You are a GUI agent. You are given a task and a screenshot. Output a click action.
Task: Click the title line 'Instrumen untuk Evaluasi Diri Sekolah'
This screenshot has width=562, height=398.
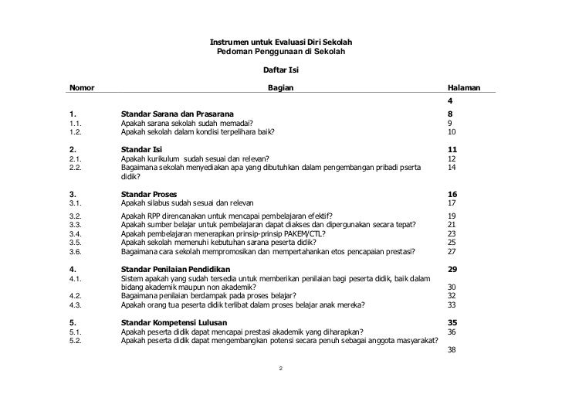pos(281,41)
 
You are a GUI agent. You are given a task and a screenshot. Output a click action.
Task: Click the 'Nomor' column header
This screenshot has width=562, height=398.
pos(83,89)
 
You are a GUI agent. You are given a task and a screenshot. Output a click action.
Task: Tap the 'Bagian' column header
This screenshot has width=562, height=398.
pos(280,89)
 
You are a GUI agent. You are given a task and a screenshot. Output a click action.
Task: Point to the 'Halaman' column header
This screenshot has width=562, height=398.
pos(464,89)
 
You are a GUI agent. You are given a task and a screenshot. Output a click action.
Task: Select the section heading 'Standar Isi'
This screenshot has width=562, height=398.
pos(146,150)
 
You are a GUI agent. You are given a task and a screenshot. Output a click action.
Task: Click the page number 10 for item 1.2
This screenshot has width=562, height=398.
pos(452,132)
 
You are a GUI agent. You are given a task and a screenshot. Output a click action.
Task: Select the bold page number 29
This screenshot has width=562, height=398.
pos(452,268)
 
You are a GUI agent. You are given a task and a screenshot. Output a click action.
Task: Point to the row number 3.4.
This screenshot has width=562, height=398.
pos(76,233)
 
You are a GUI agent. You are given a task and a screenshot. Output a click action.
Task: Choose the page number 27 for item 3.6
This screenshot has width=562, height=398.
pos(452,250)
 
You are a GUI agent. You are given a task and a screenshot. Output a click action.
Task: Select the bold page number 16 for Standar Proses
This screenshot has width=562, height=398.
pos(452,195)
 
